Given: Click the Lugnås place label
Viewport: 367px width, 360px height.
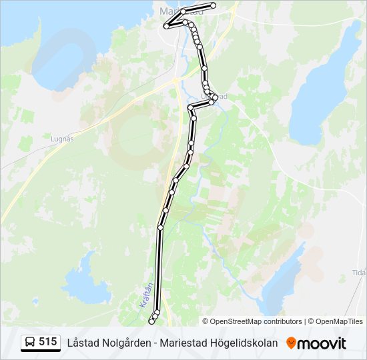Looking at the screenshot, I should [x=62, y=139].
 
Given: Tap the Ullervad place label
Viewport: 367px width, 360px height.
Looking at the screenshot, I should [x=218, y=96].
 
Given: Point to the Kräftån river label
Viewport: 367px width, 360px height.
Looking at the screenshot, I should [x=147, y=295].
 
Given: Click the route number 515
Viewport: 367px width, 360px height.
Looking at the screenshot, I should [x=47, y=342].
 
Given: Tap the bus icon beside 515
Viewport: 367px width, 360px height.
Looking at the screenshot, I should [x=30, y=343].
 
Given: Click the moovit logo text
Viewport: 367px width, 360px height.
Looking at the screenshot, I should [x=322, y=343].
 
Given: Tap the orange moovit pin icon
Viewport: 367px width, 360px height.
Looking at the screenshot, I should [x=291, y=343].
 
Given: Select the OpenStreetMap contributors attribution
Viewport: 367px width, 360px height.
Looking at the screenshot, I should [x=256, y=321].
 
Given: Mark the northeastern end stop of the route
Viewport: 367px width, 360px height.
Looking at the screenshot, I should [x=214, y=5].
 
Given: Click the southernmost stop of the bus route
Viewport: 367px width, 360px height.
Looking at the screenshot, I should [x=151, y=322].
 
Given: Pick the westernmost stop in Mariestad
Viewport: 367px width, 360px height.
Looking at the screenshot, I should [x=166, y=27].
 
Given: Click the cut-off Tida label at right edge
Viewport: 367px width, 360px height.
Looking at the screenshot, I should [x=359, y=273].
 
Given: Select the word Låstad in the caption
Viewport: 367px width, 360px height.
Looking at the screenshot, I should [x=80, y=343].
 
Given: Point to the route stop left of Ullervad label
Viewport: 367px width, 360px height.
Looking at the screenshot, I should [x=190, y=107].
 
